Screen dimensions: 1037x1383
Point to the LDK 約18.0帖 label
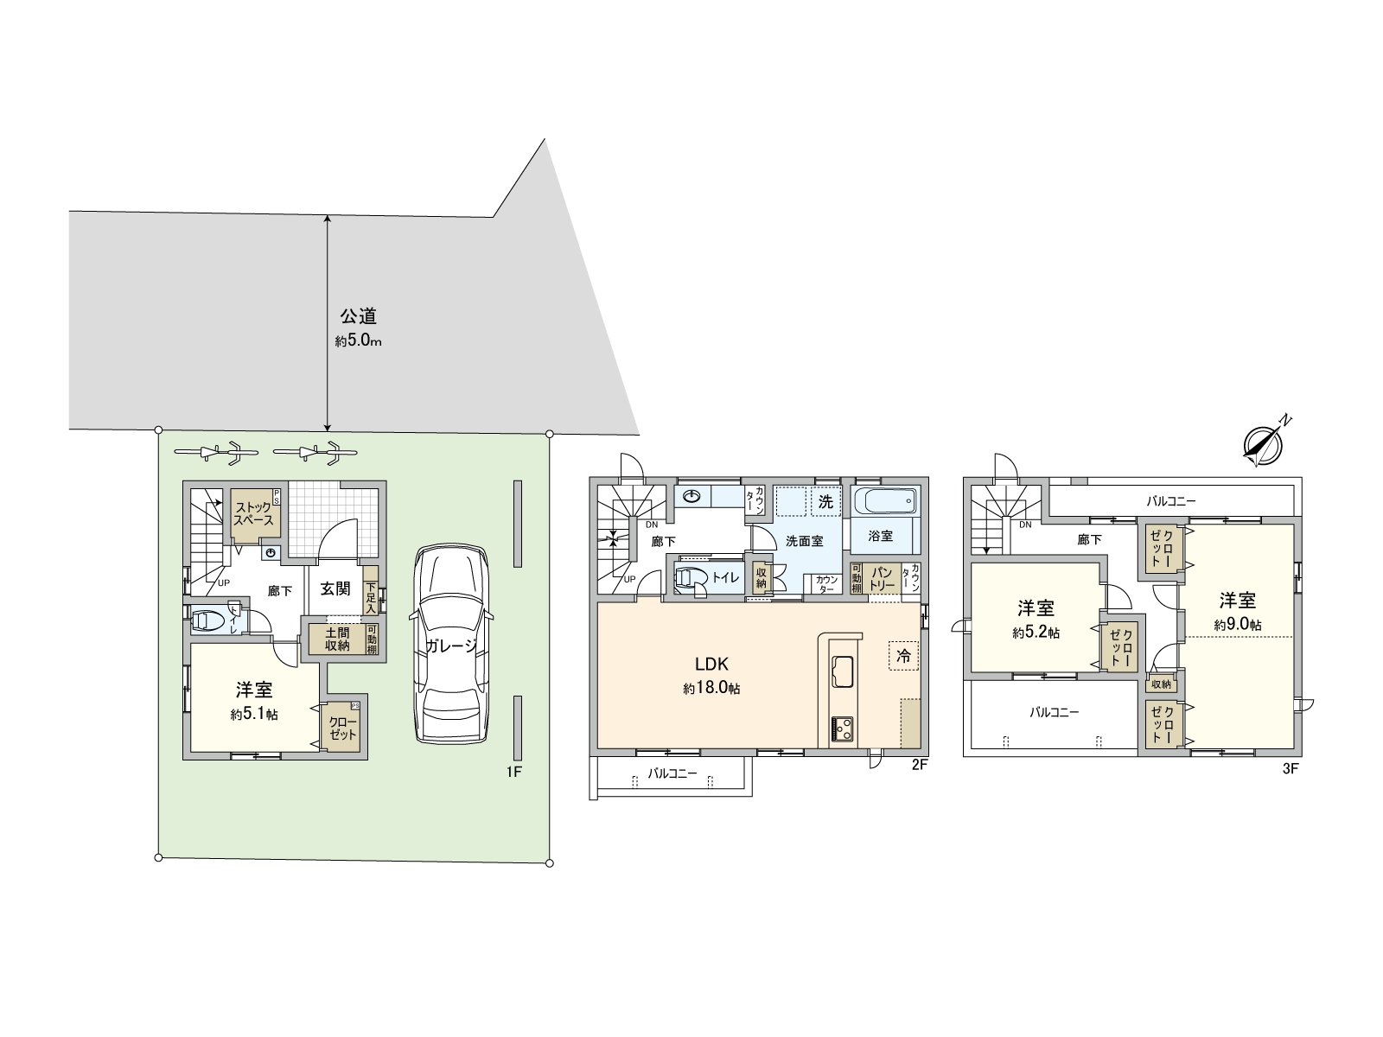point(712,675)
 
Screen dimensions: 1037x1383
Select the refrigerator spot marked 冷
point(902,656)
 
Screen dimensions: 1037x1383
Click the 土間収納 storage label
point(337,638)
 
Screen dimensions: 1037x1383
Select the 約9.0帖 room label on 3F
point(1237,610)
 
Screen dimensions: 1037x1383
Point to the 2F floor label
point(919,764)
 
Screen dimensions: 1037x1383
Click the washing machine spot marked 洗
point(825,501)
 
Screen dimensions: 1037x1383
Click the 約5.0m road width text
point(358,340)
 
